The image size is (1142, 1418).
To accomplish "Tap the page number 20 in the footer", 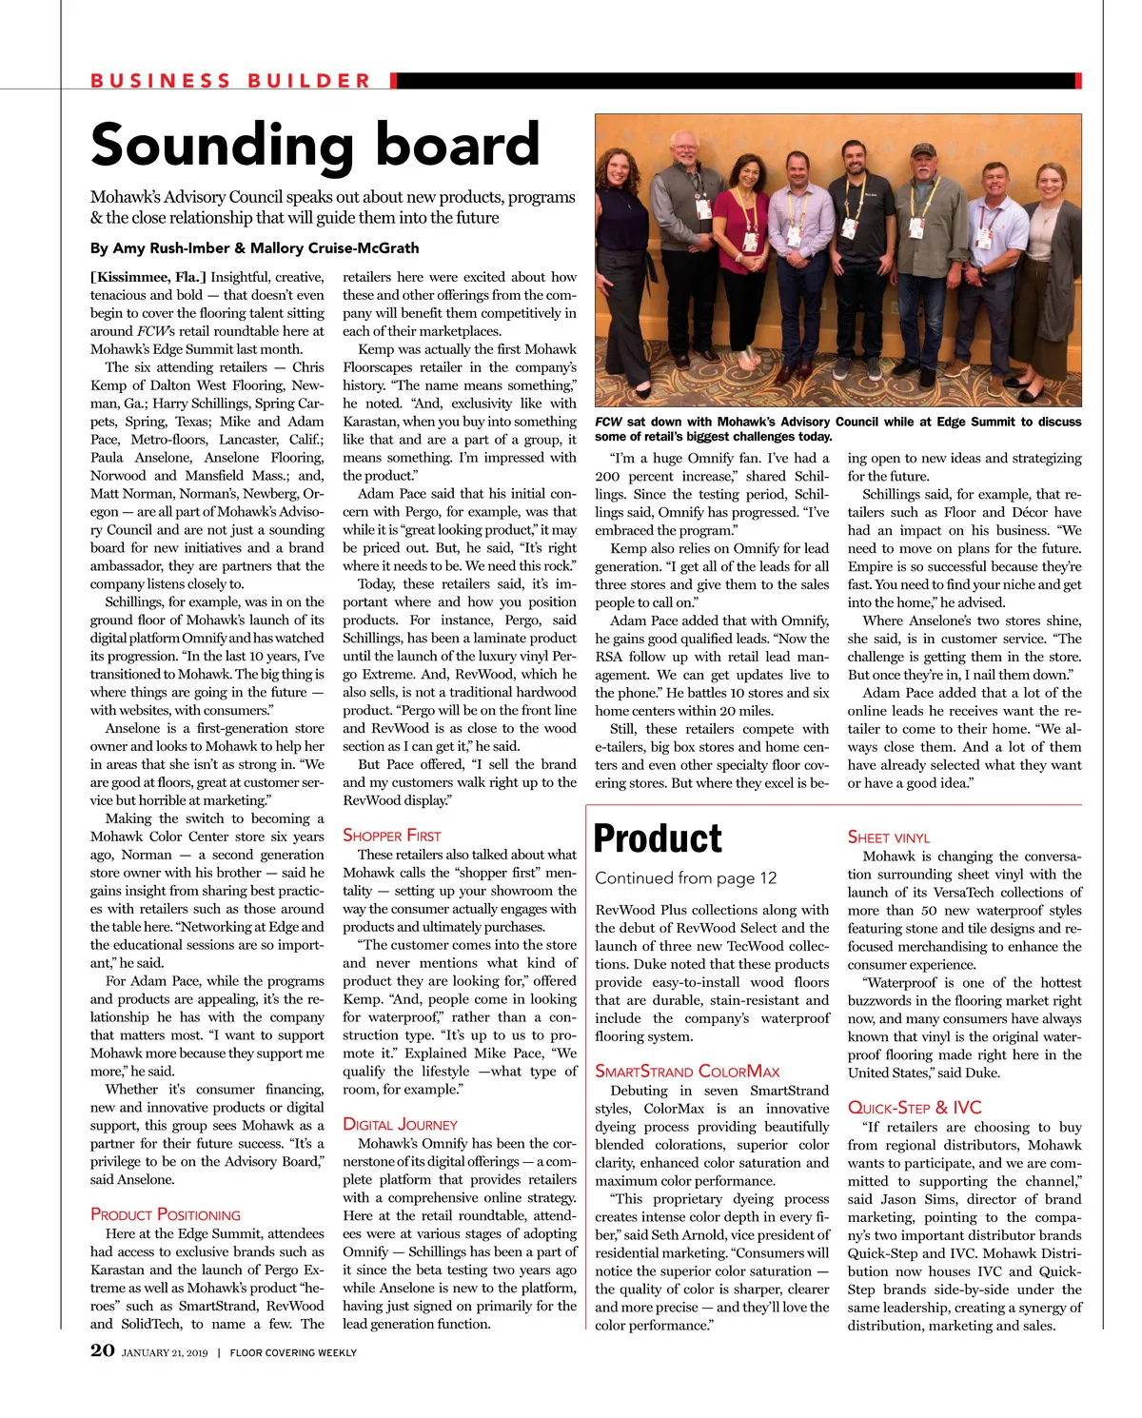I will pos(103,1350).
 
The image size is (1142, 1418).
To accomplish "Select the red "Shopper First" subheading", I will pos(392,836).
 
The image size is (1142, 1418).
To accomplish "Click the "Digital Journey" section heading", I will pos(400,1124).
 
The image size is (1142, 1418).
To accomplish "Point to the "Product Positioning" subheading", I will pos(166,1214).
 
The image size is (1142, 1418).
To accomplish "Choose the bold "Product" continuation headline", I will pos(658,838).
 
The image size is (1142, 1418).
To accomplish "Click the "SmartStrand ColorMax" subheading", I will pos(687,1072).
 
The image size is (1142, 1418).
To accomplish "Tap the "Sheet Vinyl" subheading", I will pos(889,837).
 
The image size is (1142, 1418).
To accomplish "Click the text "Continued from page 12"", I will pos(686,878).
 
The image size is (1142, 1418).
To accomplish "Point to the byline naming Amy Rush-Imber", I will pos(254,248).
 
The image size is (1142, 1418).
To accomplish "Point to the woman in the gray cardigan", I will pos(1047,266).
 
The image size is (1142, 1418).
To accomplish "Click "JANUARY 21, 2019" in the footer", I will pos(164,1352).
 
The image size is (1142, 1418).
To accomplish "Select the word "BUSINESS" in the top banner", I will pos(161,81).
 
